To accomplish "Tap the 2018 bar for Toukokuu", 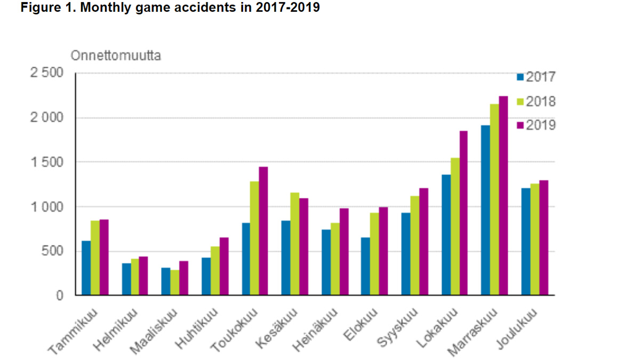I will coord(254,238).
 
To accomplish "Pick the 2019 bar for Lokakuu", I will coord(463,213).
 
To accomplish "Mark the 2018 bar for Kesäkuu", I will coord(294,244).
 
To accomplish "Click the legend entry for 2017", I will coord(537,77).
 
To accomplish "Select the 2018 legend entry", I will coord(537,101).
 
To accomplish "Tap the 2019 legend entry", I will coord(537,125).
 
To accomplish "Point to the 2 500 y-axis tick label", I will coord(46,73).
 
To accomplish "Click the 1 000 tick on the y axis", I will coord(46,207).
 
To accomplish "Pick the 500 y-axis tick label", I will coord(52,251).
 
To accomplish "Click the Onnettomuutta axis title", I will coord(116,55).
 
